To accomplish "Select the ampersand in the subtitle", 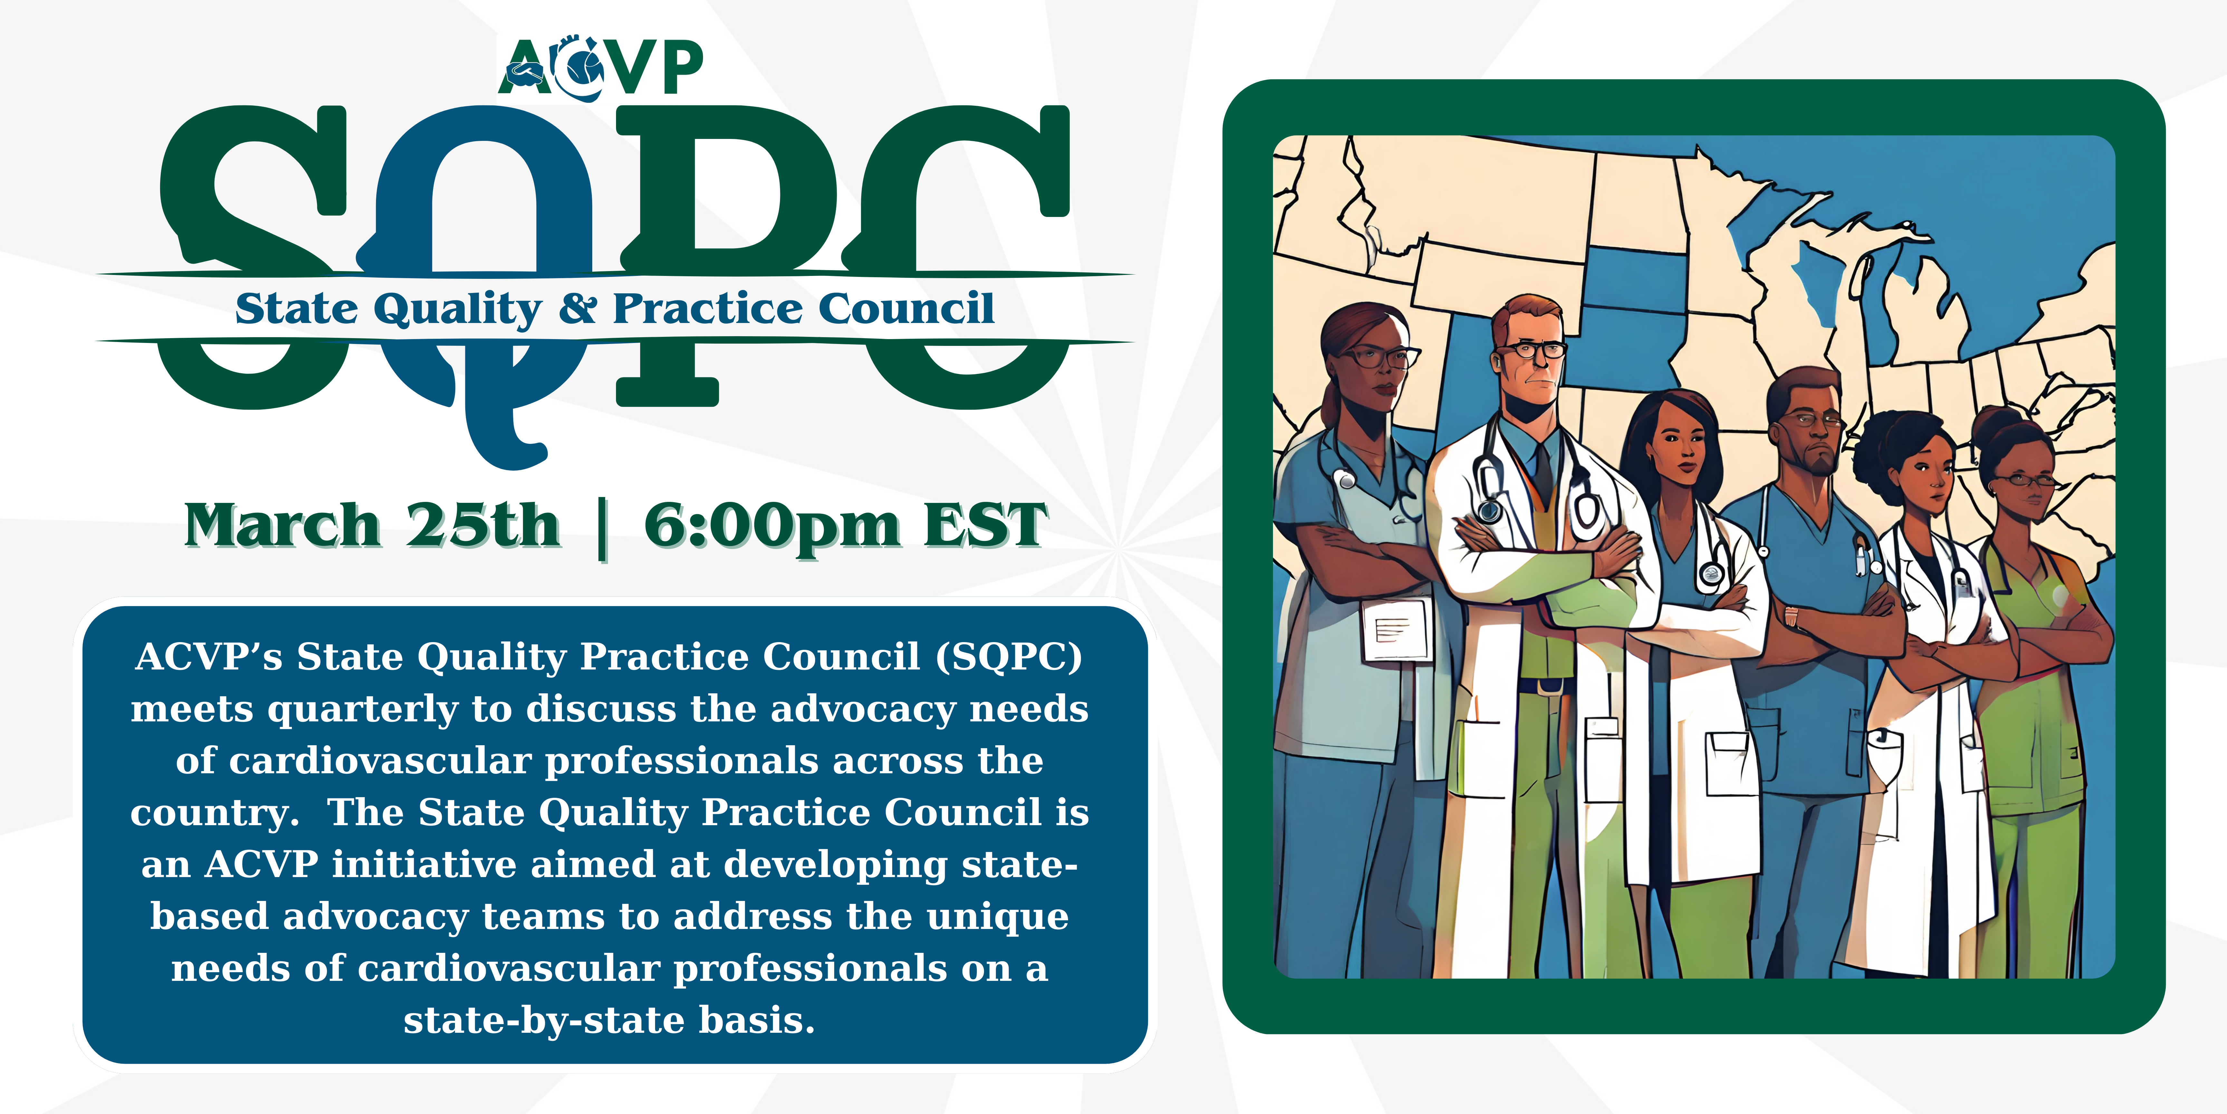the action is click(x=577, y=309).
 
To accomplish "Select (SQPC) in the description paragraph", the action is click(x=1009, y=657).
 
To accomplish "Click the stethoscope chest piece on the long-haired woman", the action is click(x=1712, y=572).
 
